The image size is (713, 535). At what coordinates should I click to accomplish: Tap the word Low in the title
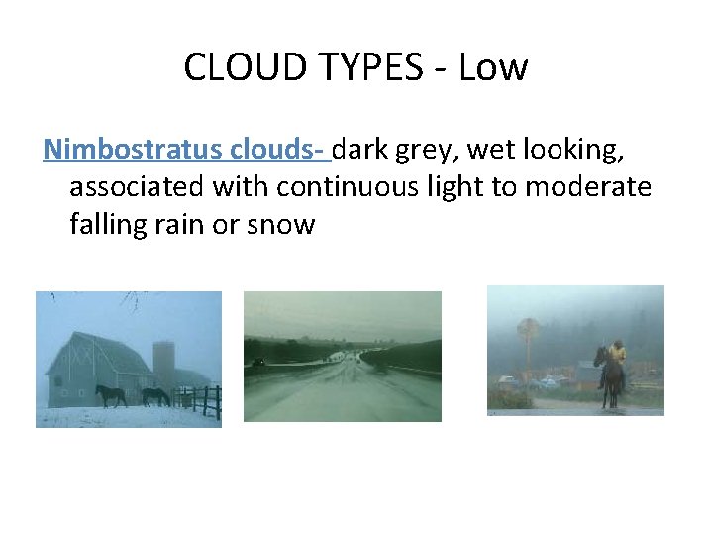tap(500, 68)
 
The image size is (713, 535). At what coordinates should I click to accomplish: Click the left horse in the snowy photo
tap(111, 395)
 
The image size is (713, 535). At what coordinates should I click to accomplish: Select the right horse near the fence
tap(155, 396)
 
